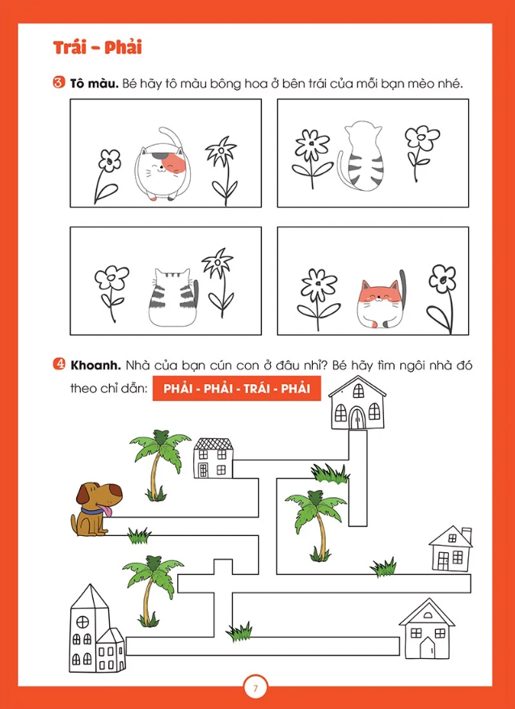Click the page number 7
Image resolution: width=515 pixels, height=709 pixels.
[255, 689]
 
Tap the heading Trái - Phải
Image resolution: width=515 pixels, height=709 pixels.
[98, 48]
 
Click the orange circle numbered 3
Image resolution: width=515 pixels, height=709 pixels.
[59, 83]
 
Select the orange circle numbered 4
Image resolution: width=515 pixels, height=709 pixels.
[59, 365]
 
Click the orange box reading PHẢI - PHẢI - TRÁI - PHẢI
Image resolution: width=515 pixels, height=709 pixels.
[237, 388]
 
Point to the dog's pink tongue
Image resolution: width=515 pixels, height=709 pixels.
[108, 511]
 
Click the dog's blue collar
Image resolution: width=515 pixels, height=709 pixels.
[92, 512]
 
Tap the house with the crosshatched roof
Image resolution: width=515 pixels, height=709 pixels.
[213, 458]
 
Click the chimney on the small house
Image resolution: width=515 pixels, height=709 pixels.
[466, 534]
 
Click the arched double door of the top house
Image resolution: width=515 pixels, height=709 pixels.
[357, 417]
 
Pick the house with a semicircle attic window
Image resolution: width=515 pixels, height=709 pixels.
[426, 630]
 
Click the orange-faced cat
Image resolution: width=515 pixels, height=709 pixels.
[378, 303]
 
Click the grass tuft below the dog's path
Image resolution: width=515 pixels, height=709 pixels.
[139, 537]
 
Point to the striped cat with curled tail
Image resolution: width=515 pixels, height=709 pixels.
[361, 156]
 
